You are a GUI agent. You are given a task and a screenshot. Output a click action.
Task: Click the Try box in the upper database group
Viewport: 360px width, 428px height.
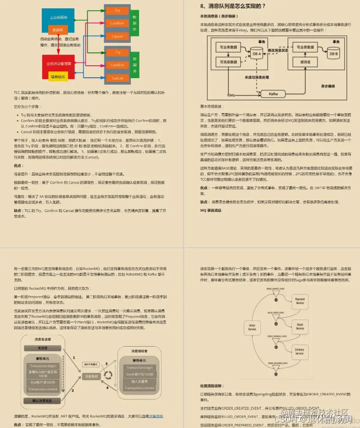tap(118, 10)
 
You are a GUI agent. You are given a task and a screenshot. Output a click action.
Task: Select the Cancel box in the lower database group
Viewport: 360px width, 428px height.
tap(118, 78)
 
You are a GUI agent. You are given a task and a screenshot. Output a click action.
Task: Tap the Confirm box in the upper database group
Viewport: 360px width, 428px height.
tap(118, 23)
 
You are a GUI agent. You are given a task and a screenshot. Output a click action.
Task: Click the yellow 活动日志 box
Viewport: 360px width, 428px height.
tap(58, 77)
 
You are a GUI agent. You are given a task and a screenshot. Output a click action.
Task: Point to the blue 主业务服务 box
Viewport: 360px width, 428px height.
tap(59, 17)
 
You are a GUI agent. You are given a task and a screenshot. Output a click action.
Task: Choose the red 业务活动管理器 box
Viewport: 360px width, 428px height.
tap(59, 63)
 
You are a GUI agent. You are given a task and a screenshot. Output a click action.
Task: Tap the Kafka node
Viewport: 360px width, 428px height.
tap(273, 94)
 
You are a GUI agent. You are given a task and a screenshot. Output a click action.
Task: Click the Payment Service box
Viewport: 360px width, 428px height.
tap(300, 302)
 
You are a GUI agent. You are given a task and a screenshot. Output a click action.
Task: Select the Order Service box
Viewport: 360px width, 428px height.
tap(252, 327)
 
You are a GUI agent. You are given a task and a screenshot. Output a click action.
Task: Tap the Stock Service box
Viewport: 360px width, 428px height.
tap(300, 326)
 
